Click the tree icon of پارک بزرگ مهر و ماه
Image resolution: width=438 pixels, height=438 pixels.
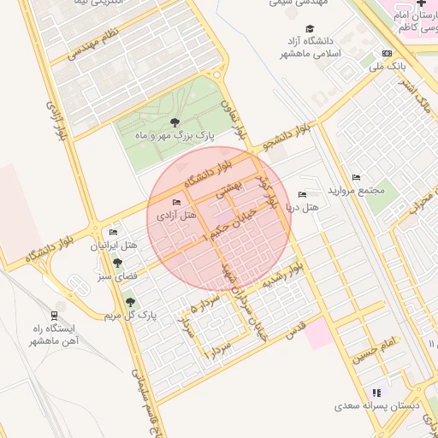pos(175,123)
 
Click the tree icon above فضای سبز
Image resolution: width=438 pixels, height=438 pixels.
pos(116,263)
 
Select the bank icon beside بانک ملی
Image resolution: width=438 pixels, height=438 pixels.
pos(388,52)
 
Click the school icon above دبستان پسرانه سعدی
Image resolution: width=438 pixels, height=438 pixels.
pos(377,393)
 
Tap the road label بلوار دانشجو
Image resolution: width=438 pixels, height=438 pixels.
pos(286,138)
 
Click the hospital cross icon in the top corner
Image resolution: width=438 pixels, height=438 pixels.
pos(421,4)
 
